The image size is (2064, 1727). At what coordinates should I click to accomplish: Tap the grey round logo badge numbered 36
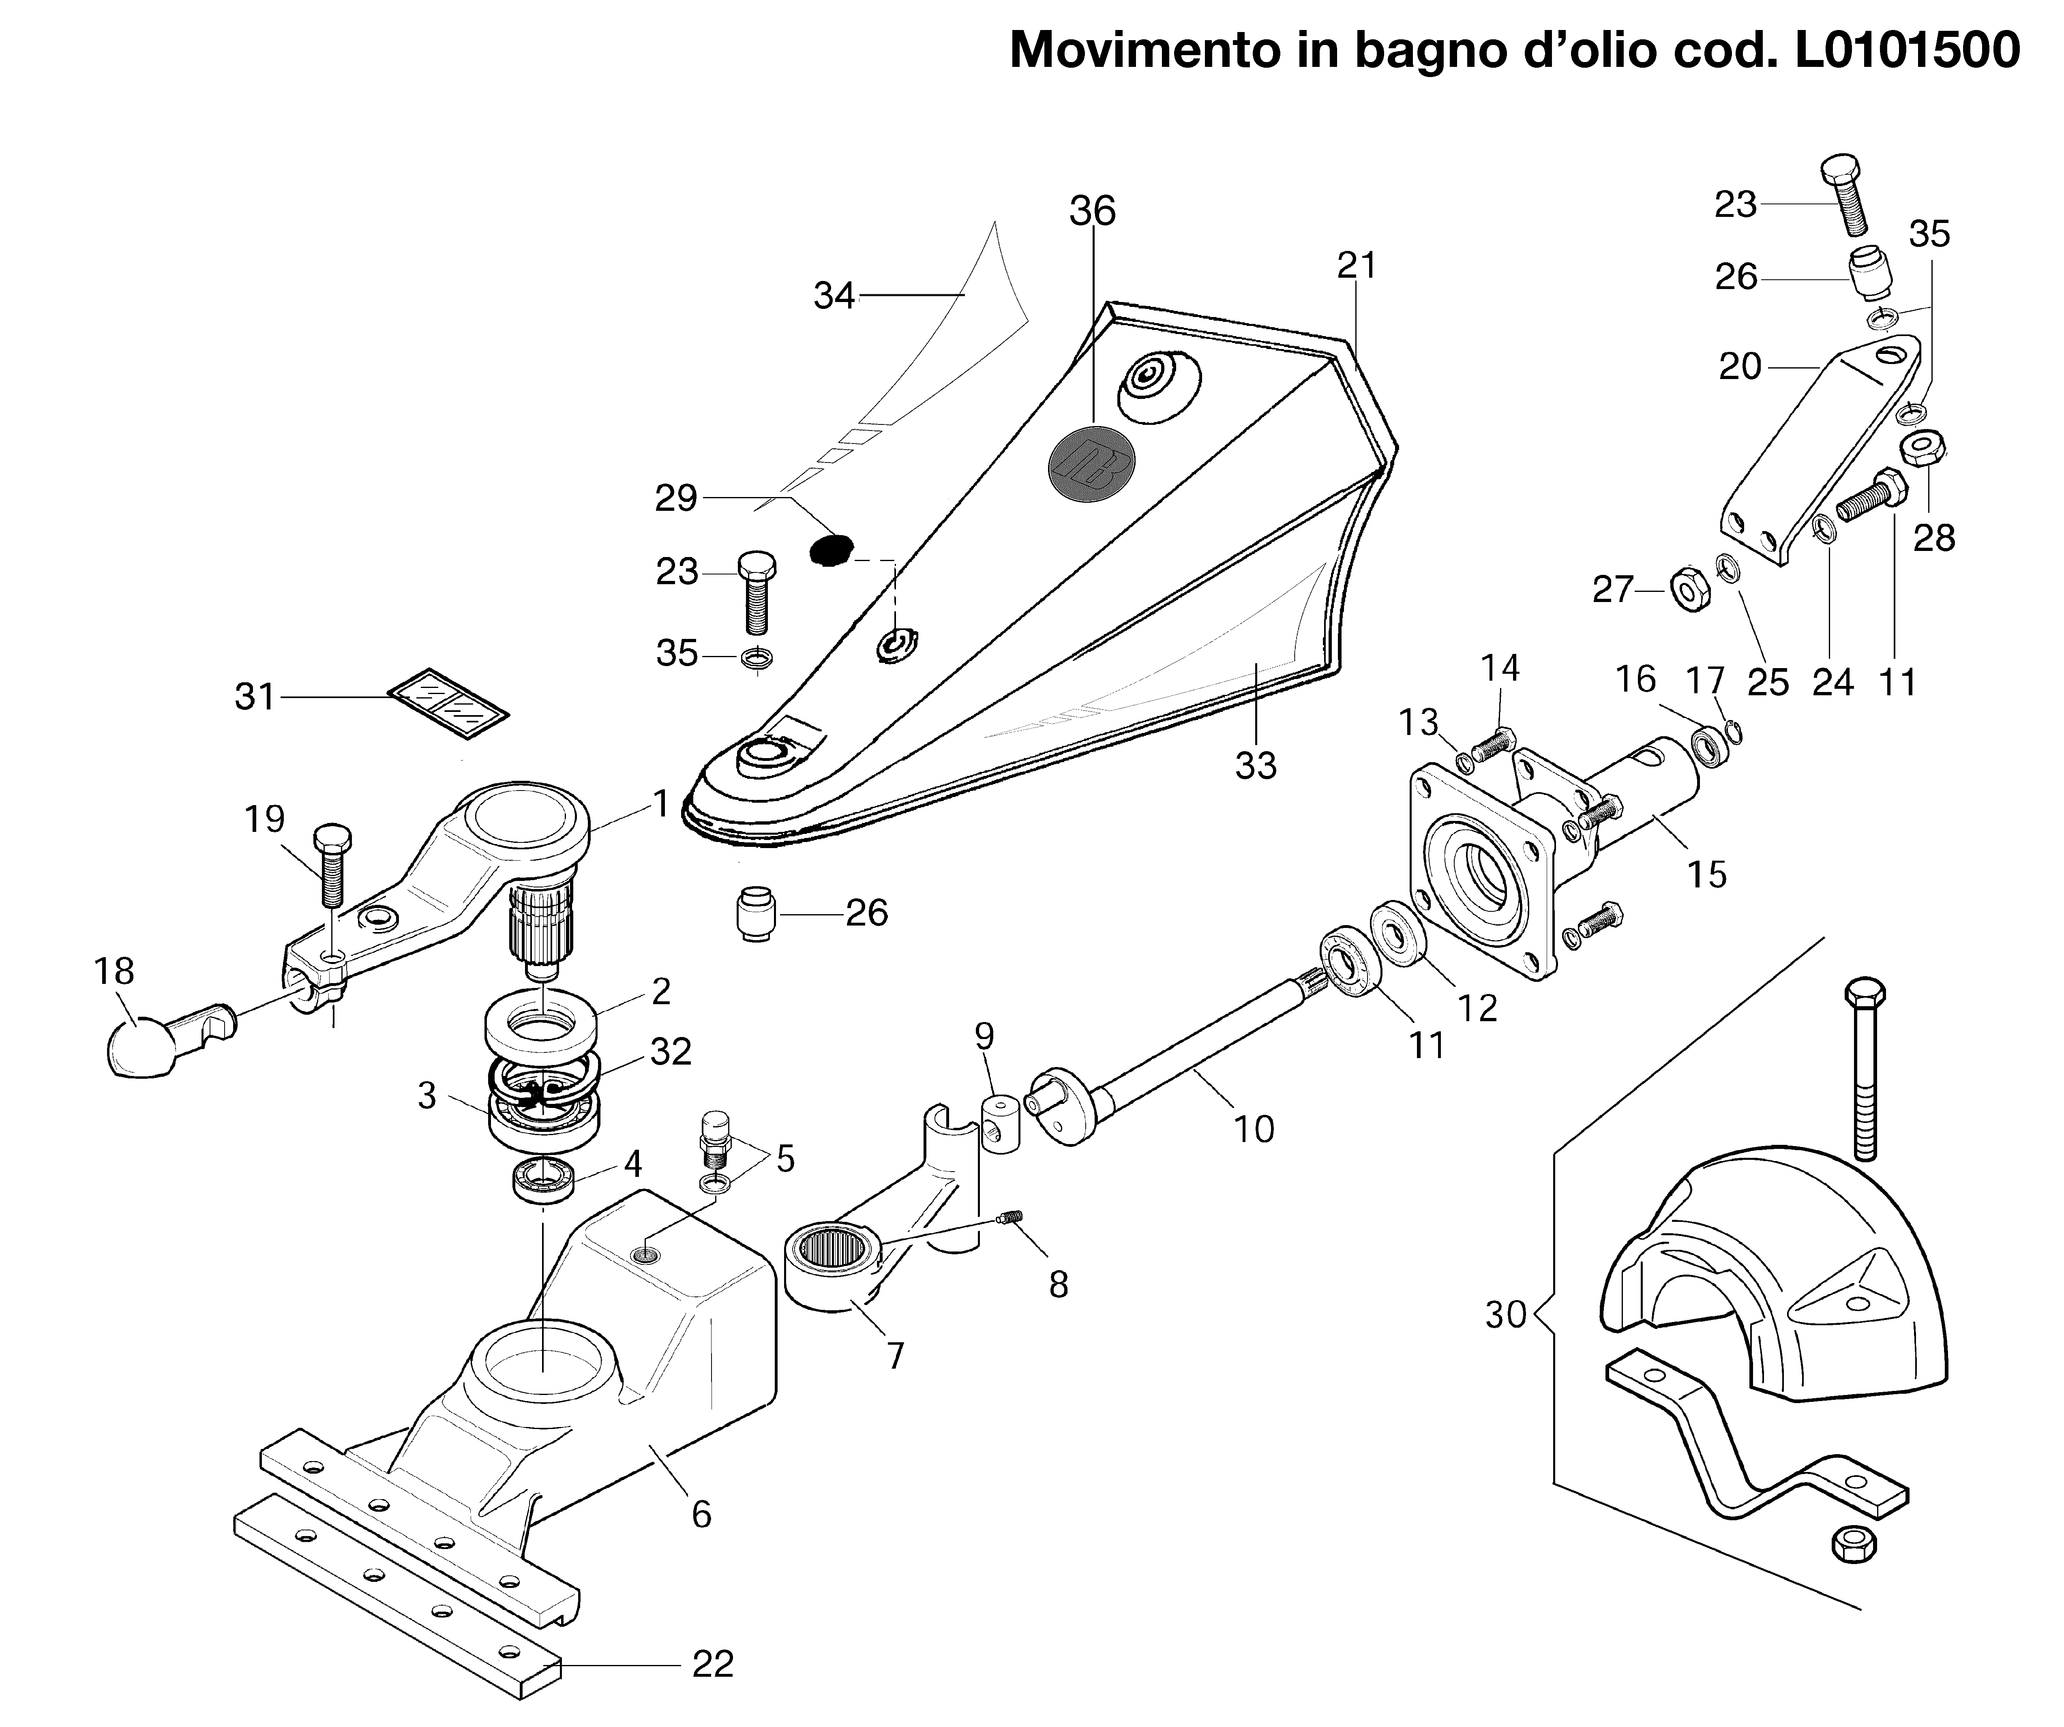1091,467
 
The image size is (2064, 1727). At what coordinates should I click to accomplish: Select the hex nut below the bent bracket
1854,1543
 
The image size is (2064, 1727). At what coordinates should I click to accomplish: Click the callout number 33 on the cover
1255,765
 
